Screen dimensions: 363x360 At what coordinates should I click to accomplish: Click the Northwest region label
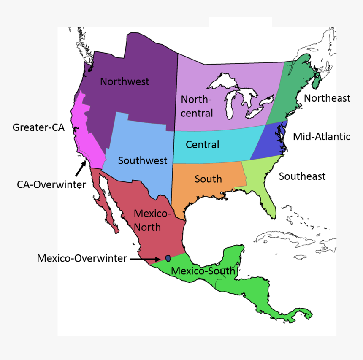pyautogui.click(x=125, y=81)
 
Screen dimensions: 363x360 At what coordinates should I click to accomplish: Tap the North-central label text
pyautogui.click(x=197, y=106)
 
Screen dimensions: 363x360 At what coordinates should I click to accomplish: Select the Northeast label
pyautogui.click(x=327, y=98)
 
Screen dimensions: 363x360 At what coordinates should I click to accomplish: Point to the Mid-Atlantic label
pyautogui.click(x=322, y=136)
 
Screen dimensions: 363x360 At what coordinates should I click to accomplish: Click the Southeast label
pyautogui.click(x=302, y=176)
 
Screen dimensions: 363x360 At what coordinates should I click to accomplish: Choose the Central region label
pyautogui.click(x=202, y=145)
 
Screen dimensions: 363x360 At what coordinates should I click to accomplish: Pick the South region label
pyautogui.click(x=208, y=179)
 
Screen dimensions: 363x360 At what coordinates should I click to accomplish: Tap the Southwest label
pyautogui.click(x=142, y=160)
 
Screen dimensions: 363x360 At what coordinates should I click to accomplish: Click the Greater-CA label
pyautogui.click(x=38, y=127)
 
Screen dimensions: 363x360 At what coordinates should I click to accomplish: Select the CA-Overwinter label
pyautogui.click(x=51, y=184)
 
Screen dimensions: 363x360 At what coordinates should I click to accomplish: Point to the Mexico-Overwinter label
pyautogui.click(x=81, y=258)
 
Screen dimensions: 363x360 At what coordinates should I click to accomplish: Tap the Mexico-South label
pyautogui.click(x=203, y=271)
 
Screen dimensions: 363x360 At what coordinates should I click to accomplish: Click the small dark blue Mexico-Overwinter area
pyautogui.click(x=168, y=258)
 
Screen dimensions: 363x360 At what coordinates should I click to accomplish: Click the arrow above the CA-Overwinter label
pyautogui.click(x=80, y=169)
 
